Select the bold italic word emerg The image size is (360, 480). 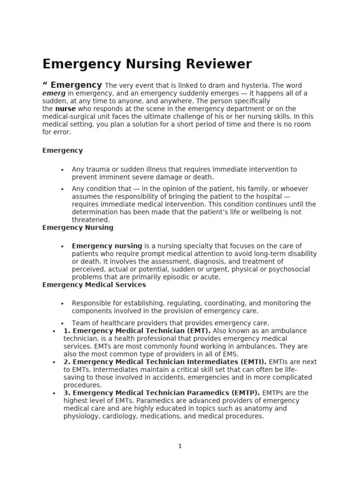[52, 93]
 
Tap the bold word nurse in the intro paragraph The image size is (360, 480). [66, 109]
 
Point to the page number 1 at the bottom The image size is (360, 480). [180, 446]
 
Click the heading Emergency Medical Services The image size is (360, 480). [94, 285]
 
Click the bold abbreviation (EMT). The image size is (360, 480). [199, 331]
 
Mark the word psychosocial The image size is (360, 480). [290, 270]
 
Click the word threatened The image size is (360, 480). [90, 220]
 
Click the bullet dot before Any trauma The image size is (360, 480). [62, 170]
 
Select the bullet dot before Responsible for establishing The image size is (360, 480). [62, 304]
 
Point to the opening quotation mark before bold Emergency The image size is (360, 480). [45, 84]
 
